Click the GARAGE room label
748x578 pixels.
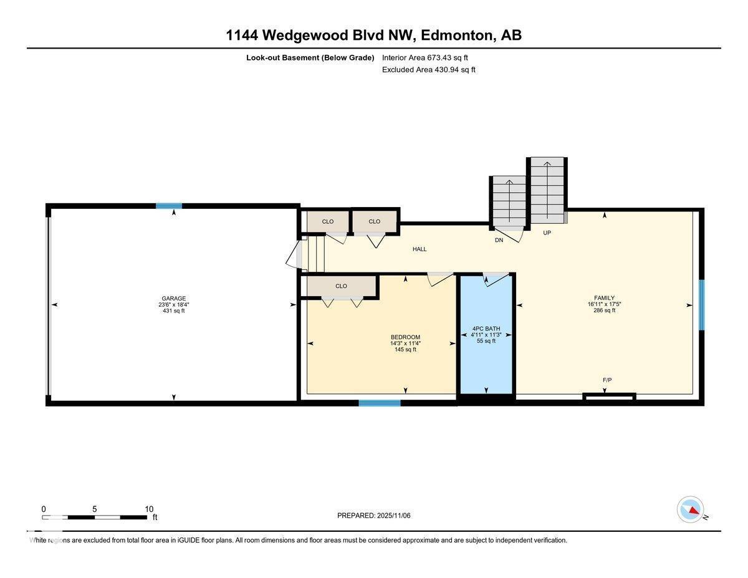173,299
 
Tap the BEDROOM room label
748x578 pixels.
405,337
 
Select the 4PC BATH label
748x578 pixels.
486,329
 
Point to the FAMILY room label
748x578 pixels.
604,298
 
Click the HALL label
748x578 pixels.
420,249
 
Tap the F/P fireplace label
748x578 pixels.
607,380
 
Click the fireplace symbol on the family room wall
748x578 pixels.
609,396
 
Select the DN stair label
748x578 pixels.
499,240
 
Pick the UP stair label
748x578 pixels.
547,233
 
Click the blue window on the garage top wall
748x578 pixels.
168,206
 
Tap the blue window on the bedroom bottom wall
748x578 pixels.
379,403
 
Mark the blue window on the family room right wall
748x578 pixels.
701,305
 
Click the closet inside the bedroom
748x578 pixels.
340,286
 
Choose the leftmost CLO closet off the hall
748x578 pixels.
328,221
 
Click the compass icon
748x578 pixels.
690,509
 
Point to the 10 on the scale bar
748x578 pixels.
149,509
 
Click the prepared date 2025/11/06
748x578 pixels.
393,516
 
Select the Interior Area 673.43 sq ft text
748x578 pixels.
424,57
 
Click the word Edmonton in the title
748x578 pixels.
457,36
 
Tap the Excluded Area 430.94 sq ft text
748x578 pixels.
428,70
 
